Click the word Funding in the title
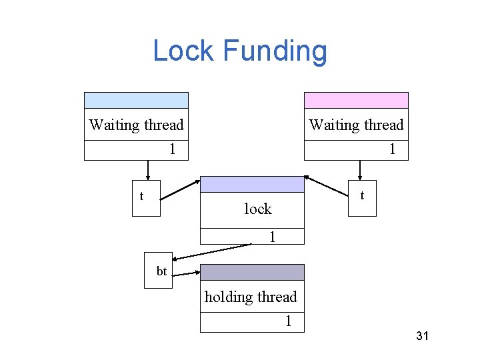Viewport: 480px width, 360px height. pyautogui.click(x=275, y=51)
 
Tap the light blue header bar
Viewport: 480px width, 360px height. pyautogui.click(x=136, y=100)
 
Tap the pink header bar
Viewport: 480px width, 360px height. pyautogui.click(x=356, y=100)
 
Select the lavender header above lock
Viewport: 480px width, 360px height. pyautogui.click(x=252, y=185)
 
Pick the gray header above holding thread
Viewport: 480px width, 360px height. pyautogui.click(x=252, y=272)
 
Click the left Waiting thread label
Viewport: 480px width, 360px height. pyautogui.click(x=136, y=125)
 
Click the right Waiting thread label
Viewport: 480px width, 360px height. pyautogui.click(x=356, y=125)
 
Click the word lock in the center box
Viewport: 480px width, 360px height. pyautogui.click(x=257, y=209)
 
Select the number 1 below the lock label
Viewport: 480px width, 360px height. pyautogui.click(x=272, y=237)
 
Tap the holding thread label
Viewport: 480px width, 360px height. pyautogui.click(x=251, y=297)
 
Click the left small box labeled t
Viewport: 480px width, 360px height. pyautogui.click(x=146, y=199)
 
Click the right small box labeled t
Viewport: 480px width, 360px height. pyautogui.click(x=363, y=199)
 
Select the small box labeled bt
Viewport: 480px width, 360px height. pyautogui.click(x=159, y=271)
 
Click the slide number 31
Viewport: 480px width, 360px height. pyautogui.click(x=421, y=336)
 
